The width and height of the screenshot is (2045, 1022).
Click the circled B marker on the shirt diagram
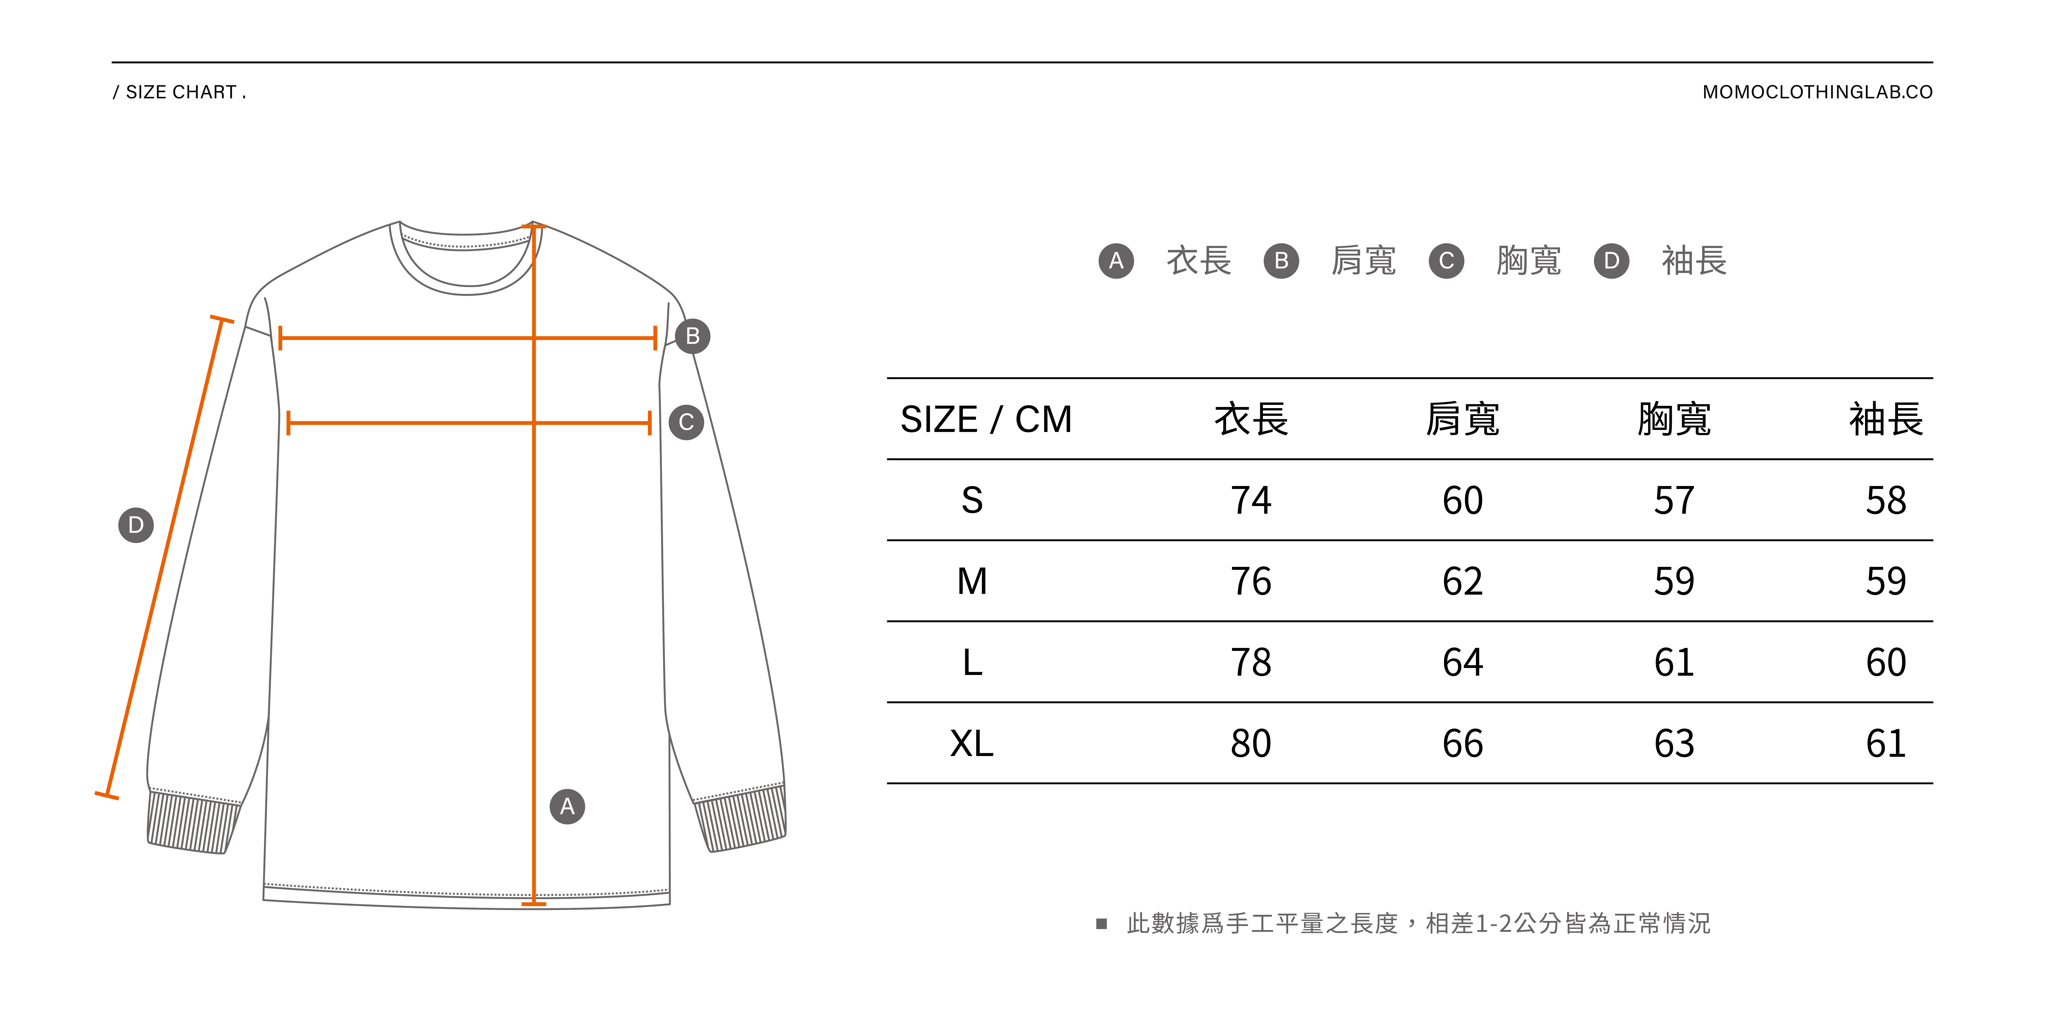click(x=692, y=336)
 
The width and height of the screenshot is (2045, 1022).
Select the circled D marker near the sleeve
click(x=136, y=525)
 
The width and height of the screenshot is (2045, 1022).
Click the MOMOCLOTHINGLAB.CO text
click(x=1817, y=92)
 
